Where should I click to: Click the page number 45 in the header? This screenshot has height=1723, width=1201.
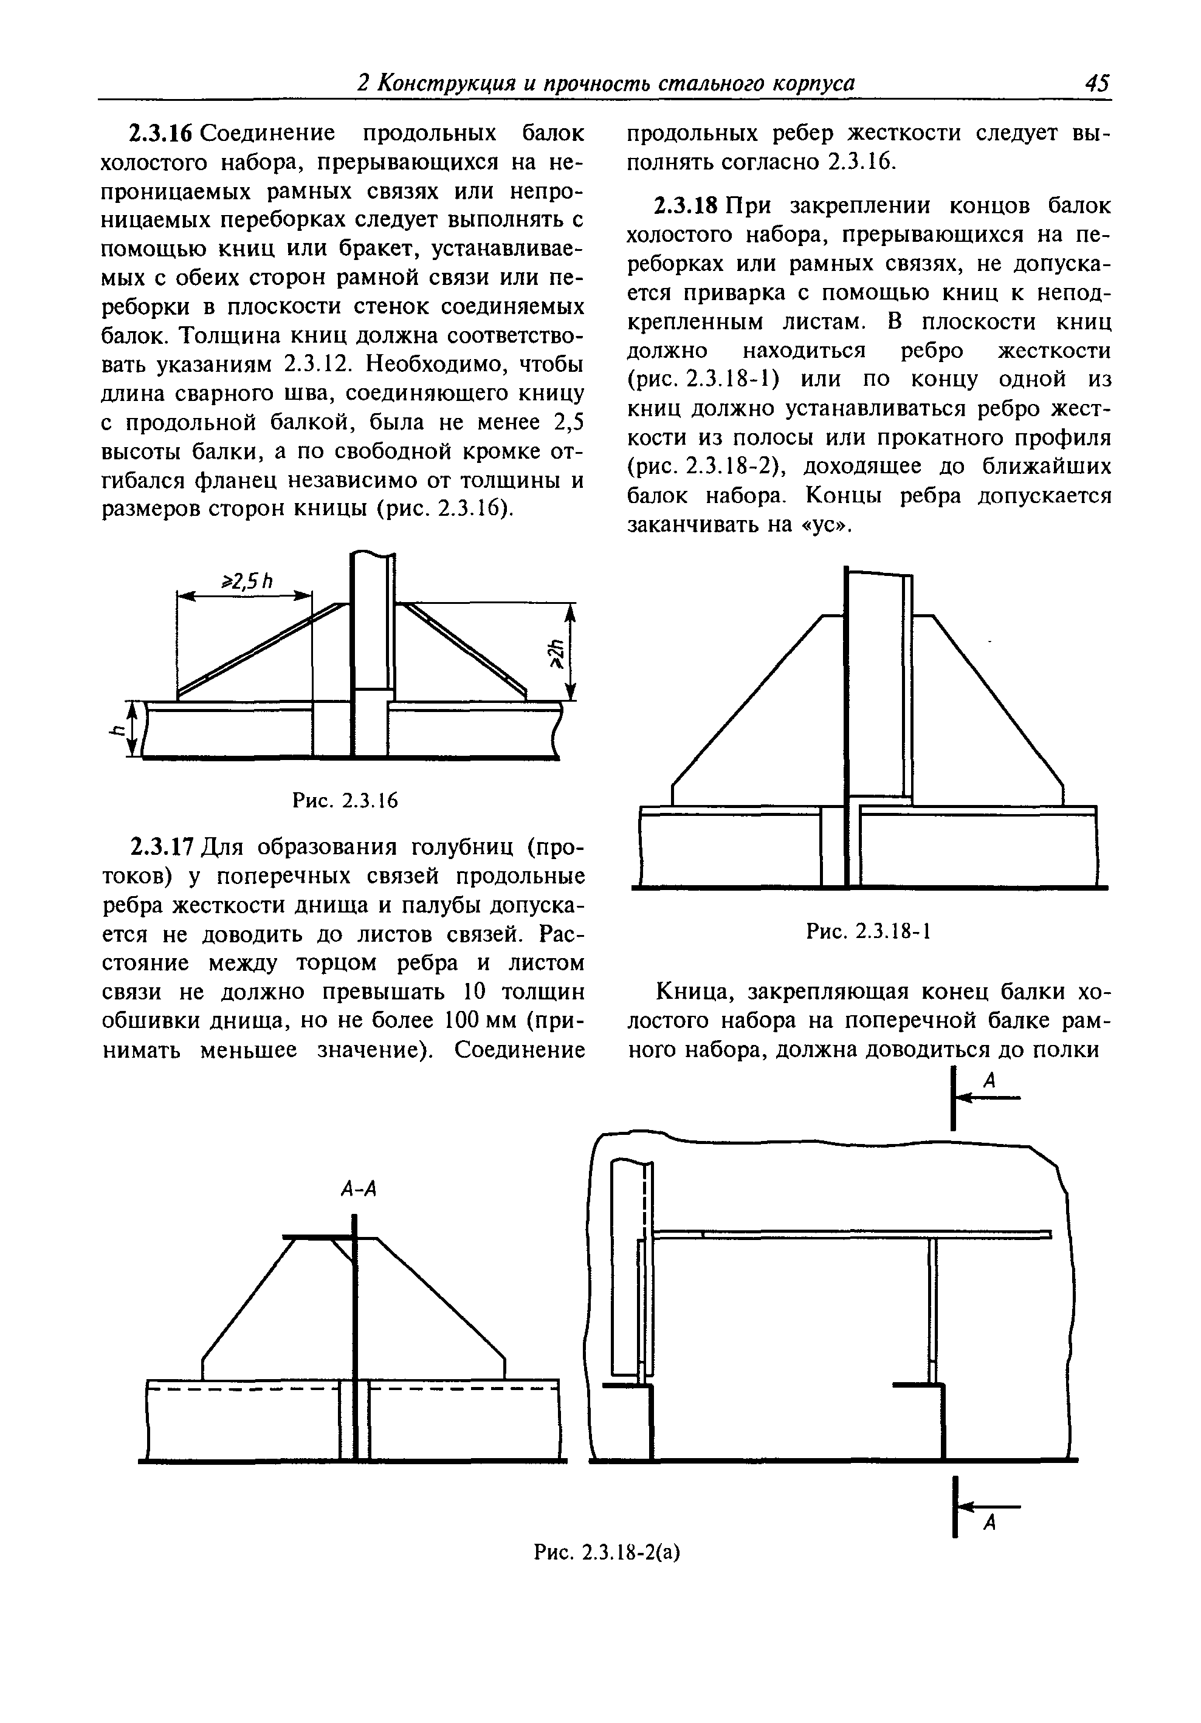[1096, 83]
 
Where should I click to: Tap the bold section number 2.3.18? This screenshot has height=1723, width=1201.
[687, 205]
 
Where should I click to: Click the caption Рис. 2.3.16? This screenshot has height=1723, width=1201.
[345, 801]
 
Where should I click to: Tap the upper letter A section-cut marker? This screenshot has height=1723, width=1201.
[989, 1081]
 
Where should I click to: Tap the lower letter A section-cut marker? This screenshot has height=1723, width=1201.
[989, 1523]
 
